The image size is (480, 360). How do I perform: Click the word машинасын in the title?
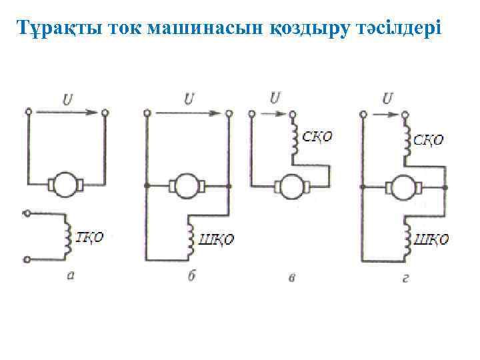[218, 29]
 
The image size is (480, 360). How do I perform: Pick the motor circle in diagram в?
[291, 186]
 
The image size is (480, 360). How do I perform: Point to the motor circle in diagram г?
[403, 187]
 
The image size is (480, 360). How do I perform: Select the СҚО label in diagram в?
[317, 137]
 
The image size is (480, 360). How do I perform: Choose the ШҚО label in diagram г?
[431, 239]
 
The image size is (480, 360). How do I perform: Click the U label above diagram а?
[67, 100]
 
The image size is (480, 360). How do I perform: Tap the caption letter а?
[71, 275]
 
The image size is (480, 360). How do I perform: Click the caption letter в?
[291, 277]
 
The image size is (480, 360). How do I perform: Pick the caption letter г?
[406, 277]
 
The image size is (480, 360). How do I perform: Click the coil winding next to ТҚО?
[67, 237]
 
